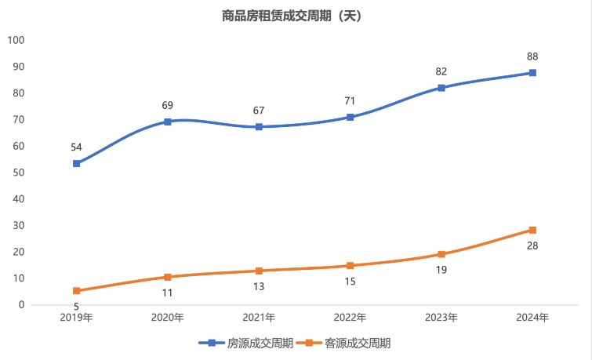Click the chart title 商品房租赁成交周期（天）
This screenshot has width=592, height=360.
[x=291, y=14]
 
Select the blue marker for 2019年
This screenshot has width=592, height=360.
[x=76, y=163]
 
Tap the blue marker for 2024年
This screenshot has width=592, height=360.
[x=532, y=73]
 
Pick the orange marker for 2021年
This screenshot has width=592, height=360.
[x=259, y=271]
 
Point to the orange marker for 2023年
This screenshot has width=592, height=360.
[x=441, y=254]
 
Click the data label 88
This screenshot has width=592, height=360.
[x=532, y=56]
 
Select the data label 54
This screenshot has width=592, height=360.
[x=76, y=147]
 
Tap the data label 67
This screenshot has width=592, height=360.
[x=259, y=110]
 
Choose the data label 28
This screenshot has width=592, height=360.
[x=532, y=246]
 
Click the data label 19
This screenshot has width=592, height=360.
[x=441, y=271]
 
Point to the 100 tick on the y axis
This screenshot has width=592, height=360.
[x=16, y=40]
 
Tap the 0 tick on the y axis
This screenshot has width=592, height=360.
[x=22, y=304]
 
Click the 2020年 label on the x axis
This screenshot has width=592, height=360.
[x=167, y=318]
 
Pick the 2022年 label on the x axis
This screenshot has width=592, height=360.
[x=350, y=318]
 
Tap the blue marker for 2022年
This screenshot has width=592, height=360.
[x=350, y=117]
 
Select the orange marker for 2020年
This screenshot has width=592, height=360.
[x=167, y=277]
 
